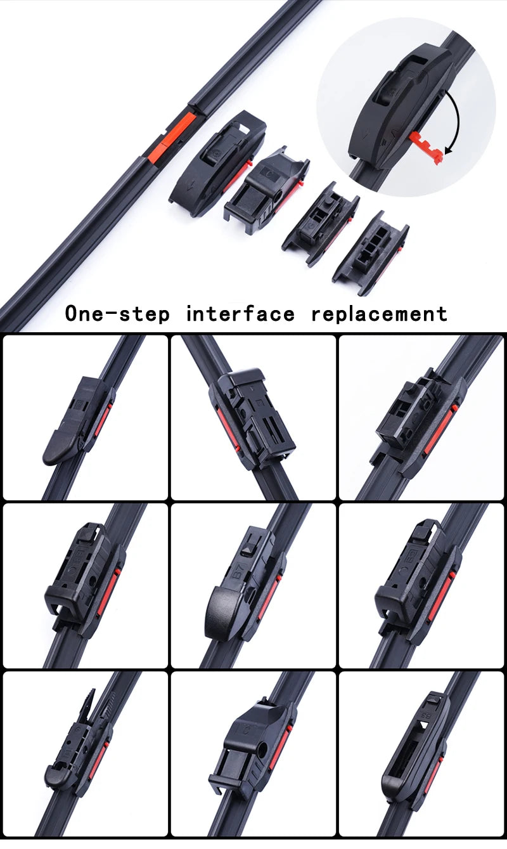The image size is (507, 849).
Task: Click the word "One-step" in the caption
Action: pos(117,313)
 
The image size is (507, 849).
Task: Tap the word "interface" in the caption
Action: pos(240,313)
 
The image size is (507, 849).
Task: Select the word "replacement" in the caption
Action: pos(379,313)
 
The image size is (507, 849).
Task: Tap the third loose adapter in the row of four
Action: pos(320,222)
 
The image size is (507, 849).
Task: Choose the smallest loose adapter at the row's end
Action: pos(370,252)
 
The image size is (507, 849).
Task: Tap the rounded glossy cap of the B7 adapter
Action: pos(222,612)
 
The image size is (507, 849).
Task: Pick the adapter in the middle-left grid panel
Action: pos(82,574)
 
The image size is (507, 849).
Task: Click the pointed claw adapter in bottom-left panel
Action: pos(76,742)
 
